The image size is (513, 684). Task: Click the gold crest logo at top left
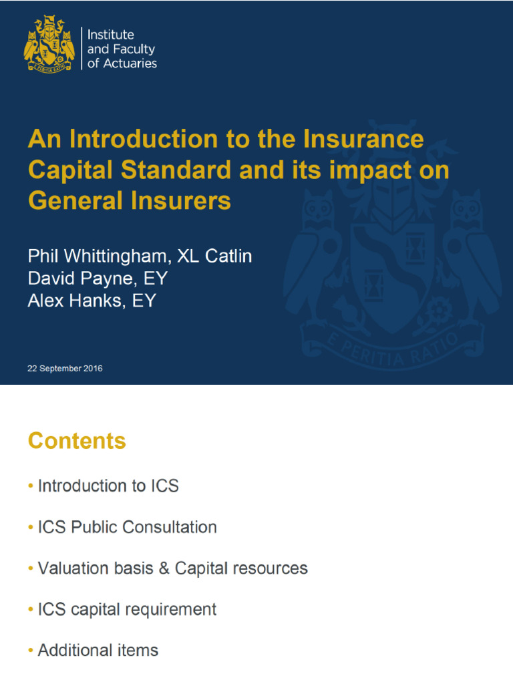pyautogui.click(x=48, y=43)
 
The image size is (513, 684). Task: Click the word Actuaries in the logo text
pyautogui.click(x=132, y=63)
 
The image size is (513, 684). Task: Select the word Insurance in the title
pyautogui.click(x=363, y=139)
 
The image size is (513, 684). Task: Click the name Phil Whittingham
pyautogui.click(x=97, y=256)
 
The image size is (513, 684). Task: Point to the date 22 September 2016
pyautogui.click(x=65, y=368)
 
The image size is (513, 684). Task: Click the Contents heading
pyautogui.click(x=77, y=441)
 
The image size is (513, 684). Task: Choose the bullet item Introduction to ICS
pyautogui.click(x=108, y=486)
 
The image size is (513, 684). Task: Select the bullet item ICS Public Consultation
pyautogui.click(x=127, y=527)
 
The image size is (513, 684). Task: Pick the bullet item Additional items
pyautogui.click(x=98, y=650)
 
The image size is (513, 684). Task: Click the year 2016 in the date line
pyautogui.click(x=93, y=368)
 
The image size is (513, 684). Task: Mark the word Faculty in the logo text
pyautogui.click(x=136, y=49)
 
